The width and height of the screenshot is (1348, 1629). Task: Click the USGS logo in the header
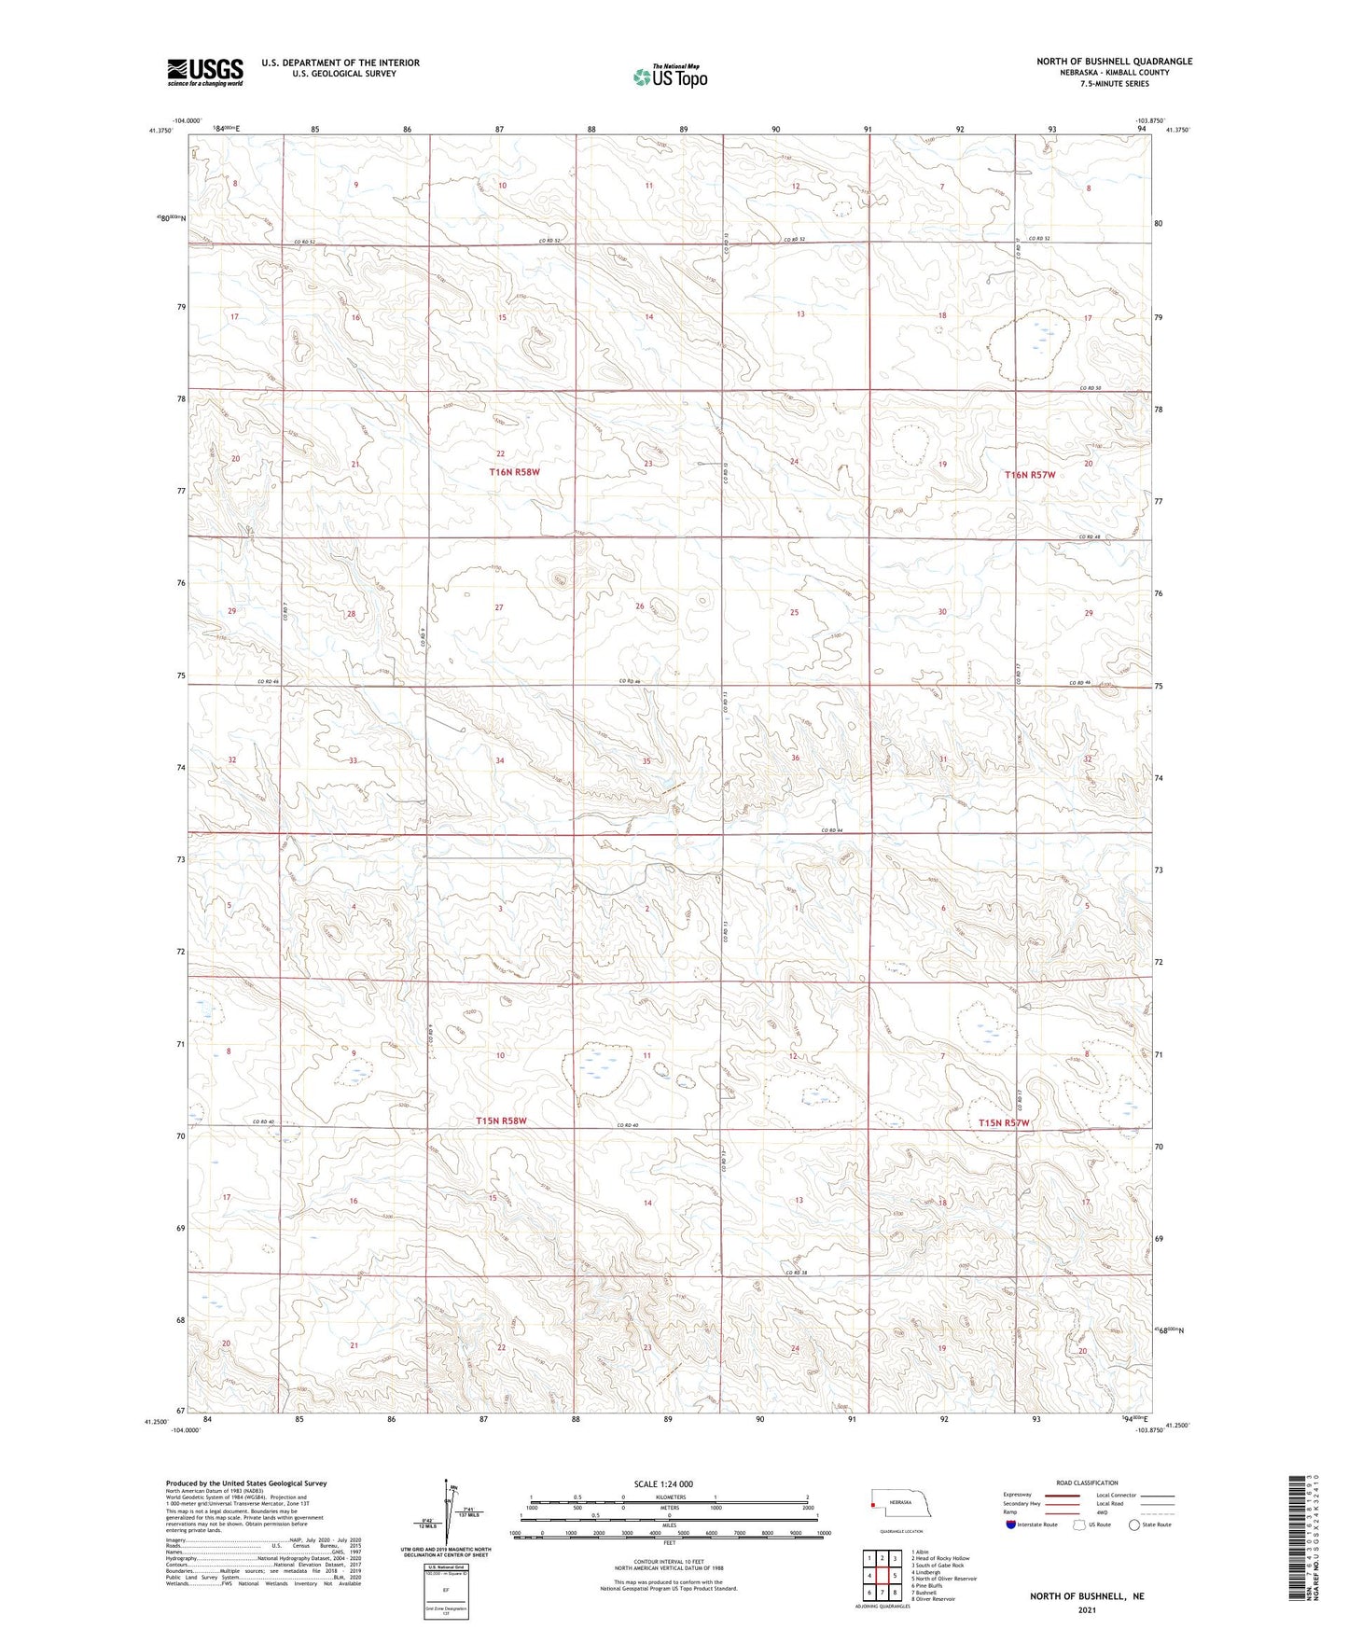point(204,72)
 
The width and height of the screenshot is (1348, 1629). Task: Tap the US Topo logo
point(669,77)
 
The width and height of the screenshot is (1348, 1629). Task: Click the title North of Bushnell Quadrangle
point(1114,62)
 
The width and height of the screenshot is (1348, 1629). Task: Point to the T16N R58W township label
point(514,473)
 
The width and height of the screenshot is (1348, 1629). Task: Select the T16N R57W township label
point(1030,475)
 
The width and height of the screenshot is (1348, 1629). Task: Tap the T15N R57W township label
point(1004,1123)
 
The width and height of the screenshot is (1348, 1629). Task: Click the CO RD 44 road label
point(832,830)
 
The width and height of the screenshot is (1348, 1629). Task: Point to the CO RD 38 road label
point(795,1273)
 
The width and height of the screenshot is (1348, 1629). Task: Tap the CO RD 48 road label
point(1091,536)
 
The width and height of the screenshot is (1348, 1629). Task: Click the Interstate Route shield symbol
point(1011,1525)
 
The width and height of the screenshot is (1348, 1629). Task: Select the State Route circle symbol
point(1134,1525)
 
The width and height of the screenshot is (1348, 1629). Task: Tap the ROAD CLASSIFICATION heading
point(1087,1483)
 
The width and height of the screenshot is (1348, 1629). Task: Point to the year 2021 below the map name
point(1087,1609)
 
